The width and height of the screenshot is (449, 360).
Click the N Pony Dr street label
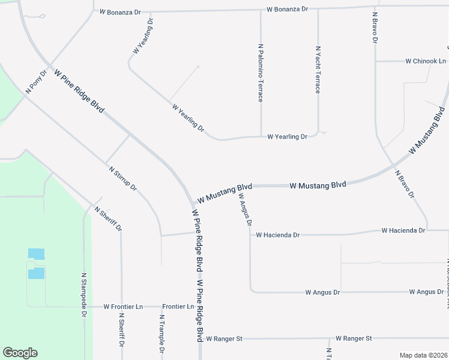(36, 82)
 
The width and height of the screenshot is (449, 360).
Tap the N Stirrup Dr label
(124, 179)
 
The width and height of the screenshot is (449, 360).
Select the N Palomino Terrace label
(261, 72)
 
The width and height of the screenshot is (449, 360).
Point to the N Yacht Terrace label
(318, 70)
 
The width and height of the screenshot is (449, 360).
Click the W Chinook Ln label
(426, 61)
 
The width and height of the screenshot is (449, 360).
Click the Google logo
(20, 353)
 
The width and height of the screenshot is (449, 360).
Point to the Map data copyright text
(423, 355)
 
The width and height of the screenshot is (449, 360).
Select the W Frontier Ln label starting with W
(123, 307)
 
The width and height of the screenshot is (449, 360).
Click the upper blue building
(37, 254)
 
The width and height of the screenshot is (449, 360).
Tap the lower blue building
(37, 273)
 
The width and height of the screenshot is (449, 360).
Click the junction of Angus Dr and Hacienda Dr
(250, 235)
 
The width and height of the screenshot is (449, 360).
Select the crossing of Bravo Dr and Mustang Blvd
(393, 165)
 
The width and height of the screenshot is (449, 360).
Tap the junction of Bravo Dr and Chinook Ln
(376, 61)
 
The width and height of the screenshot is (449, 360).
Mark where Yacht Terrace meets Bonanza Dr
(318, 10)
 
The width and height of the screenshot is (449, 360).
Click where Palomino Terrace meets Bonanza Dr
(261, 10)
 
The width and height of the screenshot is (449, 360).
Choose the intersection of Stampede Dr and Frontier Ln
(85, 307)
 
